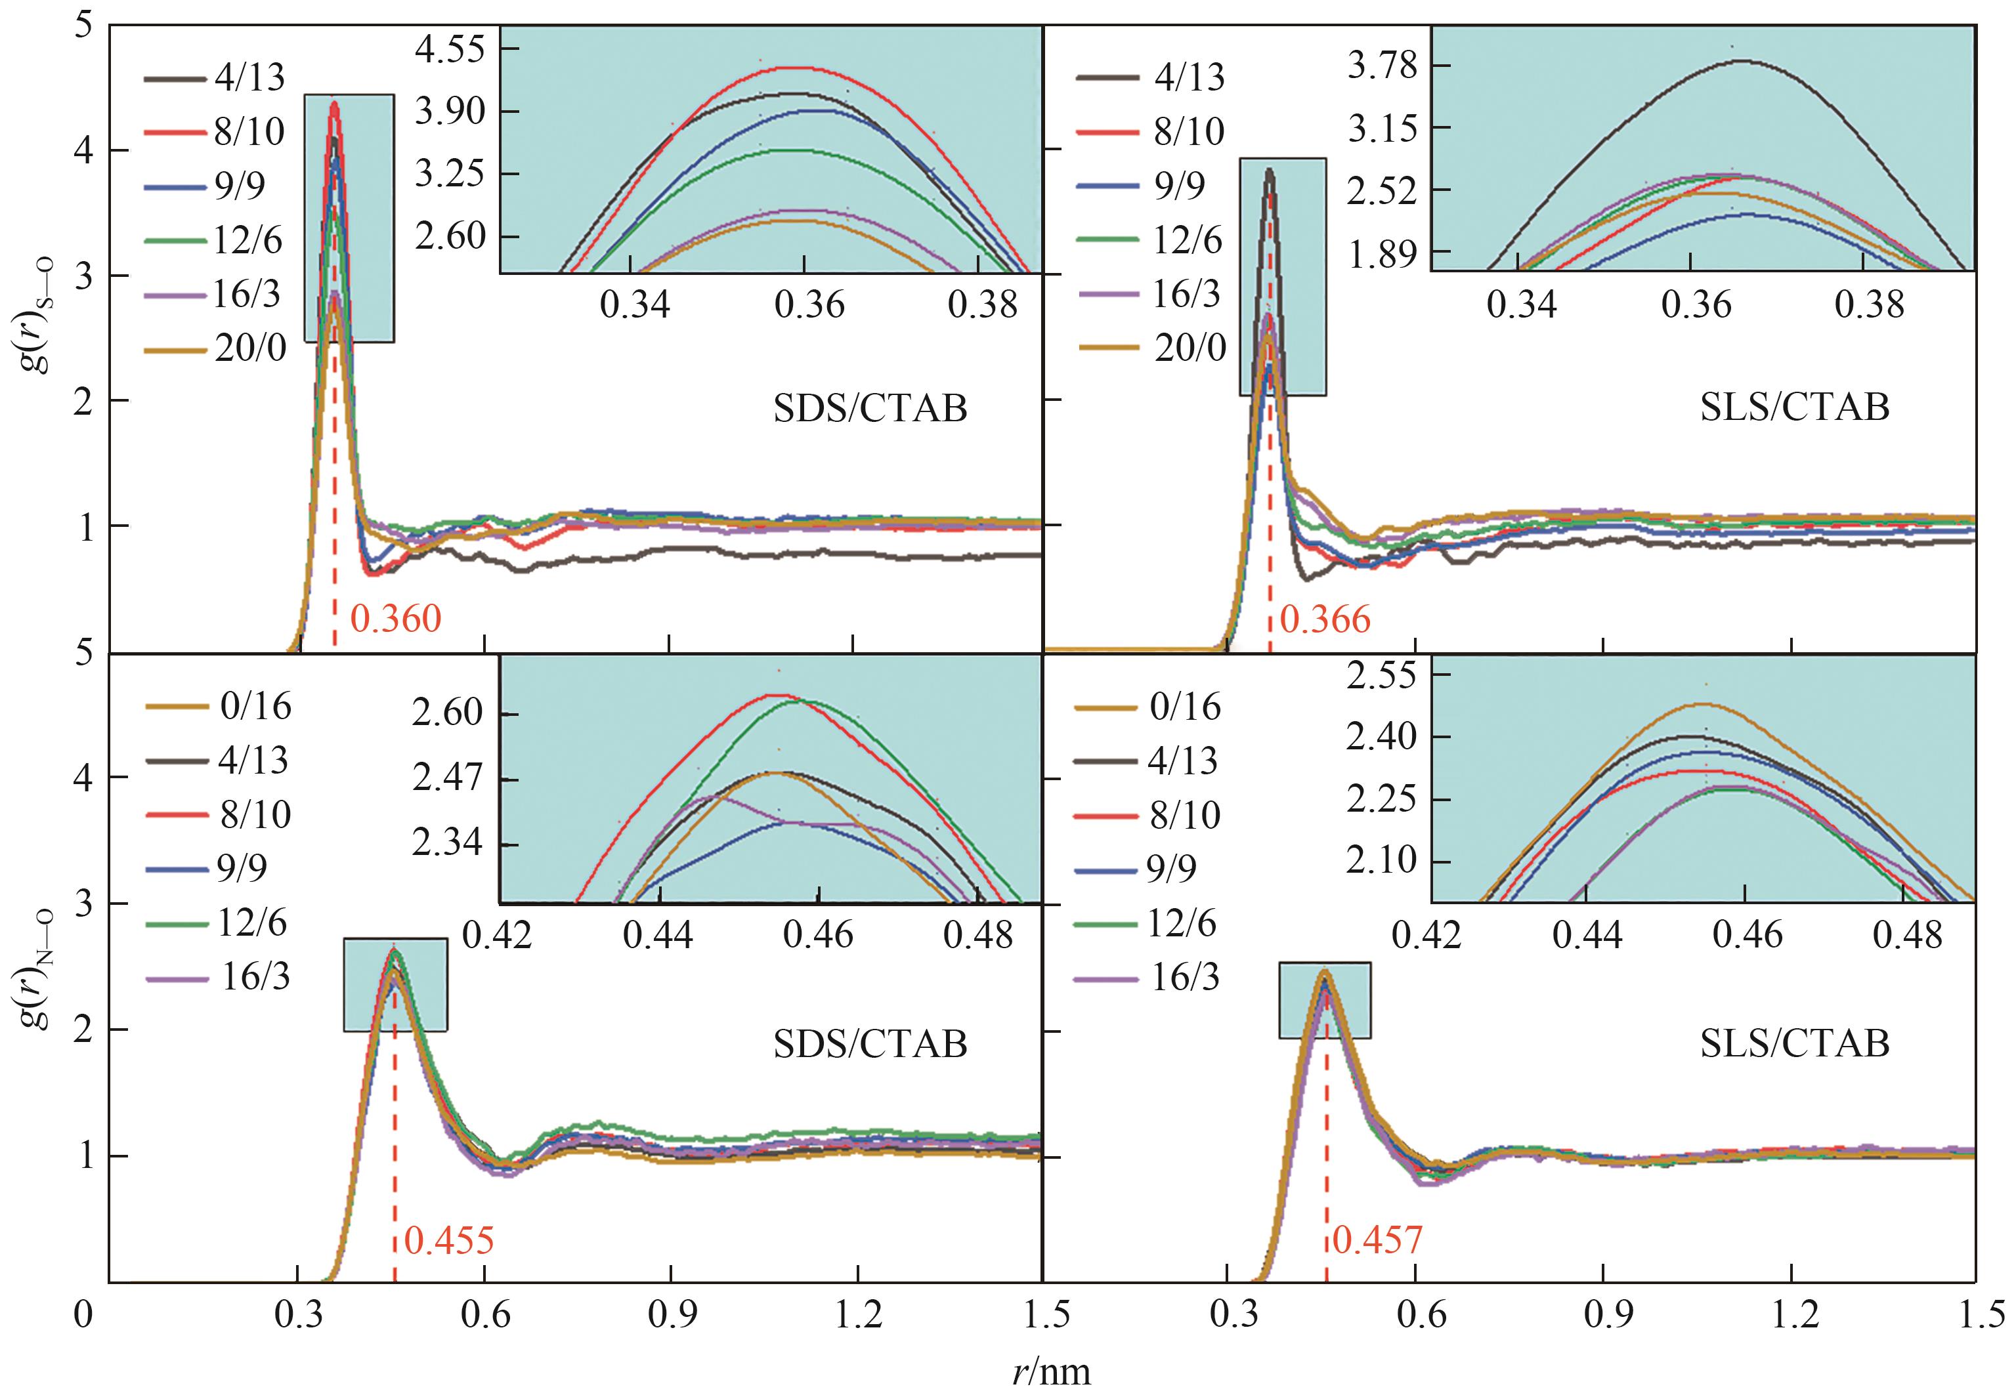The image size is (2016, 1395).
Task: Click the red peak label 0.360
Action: pyautogui.click(x=396, y=619)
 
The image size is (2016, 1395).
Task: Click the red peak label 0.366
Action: pyautogui.click(x=1325, y=619)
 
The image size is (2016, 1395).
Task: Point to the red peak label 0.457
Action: pyautogui.click(x=1379, y=1240)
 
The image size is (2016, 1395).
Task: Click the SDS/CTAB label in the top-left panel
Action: pyautogui.click(x=870, y=409)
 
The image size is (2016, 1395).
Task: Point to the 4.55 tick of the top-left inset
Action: pyautogui.click(x=450, y=50)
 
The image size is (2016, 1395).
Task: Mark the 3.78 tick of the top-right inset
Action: pyautogui.click(x=1382, y=66)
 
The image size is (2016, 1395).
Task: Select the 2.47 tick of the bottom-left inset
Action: pyautogui.click(x=448, y=779)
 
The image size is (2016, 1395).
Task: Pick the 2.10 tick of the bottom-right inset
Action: pyautogui.click(x=1381, y=861)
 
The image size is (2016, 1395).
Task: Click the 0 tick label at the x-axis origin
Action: pyautogui.click(x=83, y=1314)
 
